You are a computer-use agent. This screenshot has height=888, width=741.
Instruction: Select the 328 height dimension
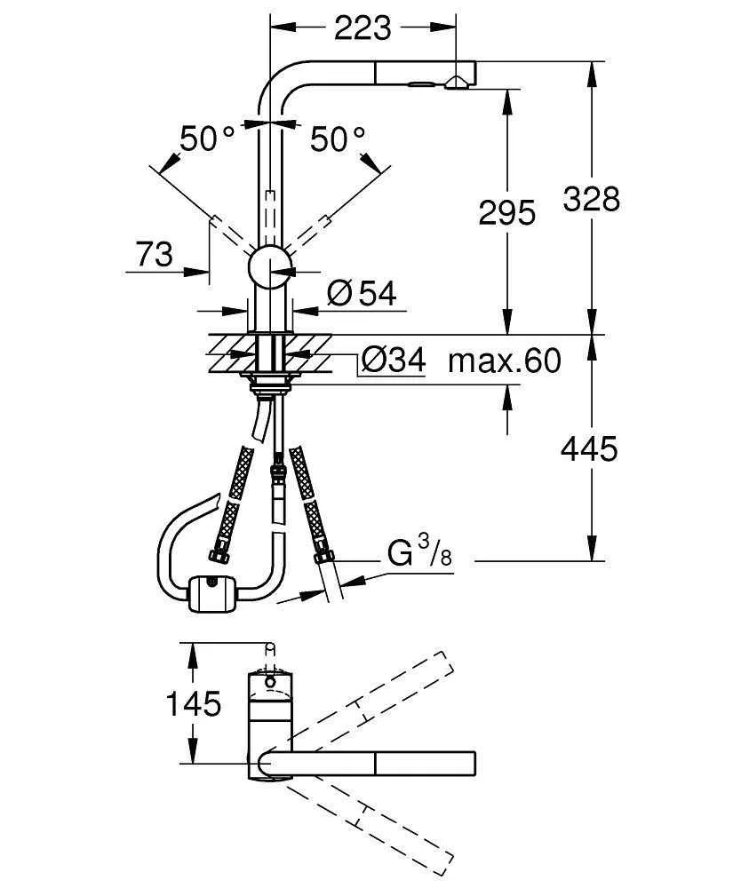click(591, 199)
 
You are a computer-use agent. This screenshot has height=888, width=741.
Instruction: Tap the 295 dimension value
click(506, 213)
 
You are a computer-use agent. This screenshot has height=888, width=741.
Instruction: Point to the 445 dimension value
click(588, 449)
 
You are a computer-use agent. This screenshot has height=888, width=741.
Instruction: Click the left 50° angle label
click(206, 139)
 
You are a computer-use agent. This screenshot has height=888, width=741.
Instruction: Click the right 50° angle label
click(337, 139)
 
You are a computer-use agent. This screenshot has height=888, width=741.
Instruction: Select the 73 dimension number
click(154, 255)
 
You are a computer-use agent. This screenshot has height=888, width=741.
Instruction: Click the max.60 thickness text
click(505, 361)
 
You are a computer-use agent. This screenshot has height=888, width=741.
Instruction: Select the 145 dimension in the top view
click(193, 704)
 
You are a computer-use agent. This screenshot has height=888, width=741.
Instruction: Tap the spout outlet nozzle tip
click(458, 84)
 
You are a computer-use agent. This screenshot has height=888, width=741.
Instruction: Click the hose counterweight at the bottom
click(213, 593)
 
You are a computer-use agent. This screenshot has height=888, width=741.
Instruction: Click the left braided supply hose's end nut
click(216, 557)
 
